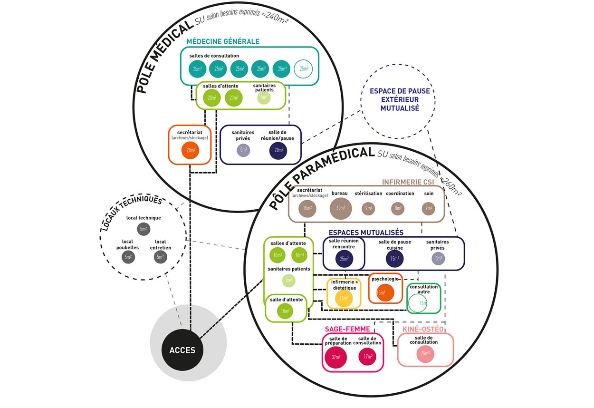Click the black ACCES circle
(x=182, y=350)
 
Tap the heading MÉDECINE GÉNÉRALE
(x=223, y=41)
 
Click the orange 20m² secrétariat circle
(x=190, y=151)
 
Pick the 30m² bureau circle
(x=341, y=208)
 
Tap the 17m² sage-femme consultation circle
(x=367, y=357)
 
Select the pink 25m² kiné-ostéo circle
(x=425, y=353)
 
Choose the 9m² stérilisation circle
(x=368, y=208)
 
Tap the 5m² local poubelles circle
(x=128, y=257)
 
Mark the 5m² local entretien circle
(x=160, y=257)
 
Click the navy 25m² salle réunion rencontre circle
(x=345, y=259)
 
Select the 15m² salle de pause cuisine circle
(x=394, y=259)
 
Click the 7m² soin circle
(x=429, y=208)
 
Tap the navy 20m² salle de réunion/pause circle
(x=278, y=151)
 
